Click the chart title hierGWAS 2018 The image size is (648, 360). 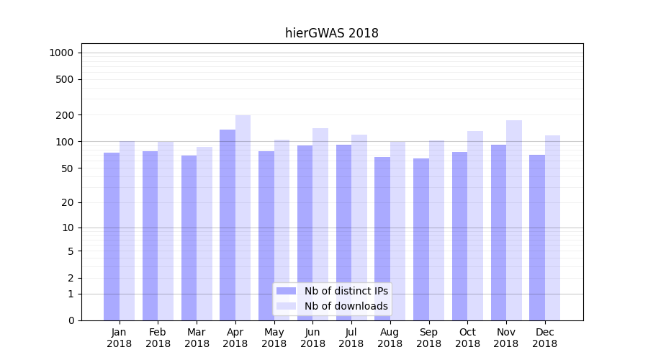coord(331,33)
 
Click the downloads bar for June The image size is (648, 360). coord(320,224)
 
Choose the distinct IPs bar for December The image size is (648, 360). coord(537,238)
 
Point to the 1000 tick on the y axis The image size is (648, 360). coord(61,53)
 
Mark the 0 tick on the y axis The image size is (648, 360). coord(71,320)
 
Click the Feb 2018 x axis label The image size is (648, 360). coord(158,338)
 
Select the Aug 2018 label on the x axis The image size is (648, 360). coord(390,338)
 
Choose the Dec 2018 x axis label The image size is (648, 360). coord(545,338)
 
